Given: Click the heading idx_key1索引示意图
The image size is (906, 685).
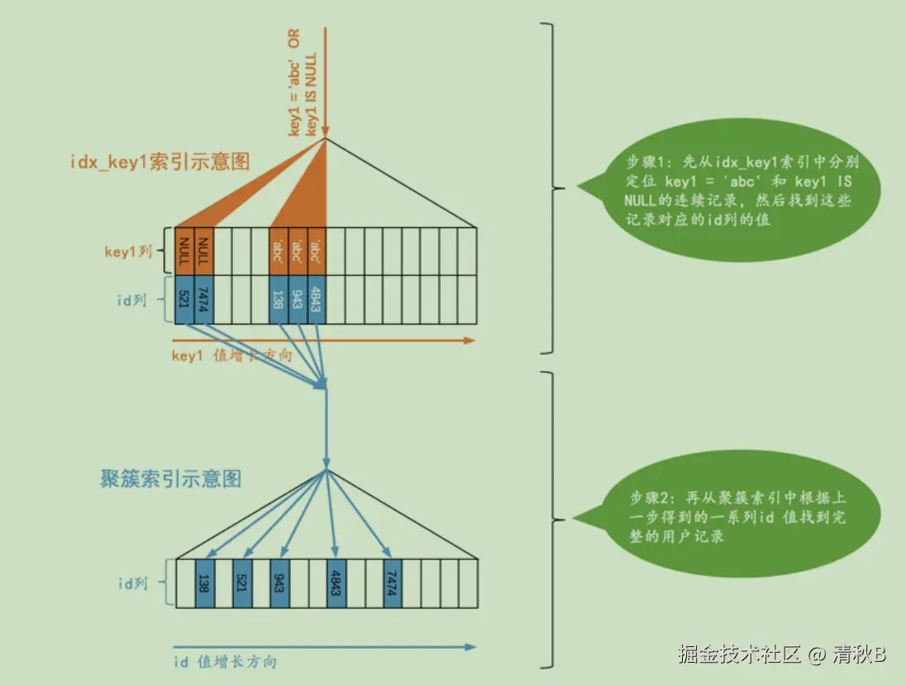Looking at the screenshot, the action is click(x=160, y=160).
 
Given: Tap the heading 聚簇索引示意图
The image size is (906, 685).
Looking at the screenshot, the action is click(x=171, y=478).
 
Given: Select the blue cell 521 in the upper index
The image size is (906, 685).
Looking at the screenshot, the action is click(x=184, y=300).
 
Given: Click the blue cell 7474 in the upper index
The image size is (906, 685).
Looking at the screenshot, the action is click(x=203, y=300).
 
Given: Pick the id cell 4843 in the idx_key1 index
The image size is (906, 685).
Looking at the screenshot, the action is click(x=316, y=300).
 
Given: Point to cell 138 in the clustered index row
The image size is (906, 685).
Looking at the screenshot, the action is click(x=203, y=584).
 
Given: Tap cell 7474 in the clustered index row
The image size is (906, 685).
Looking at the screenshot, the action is click(x=392, y=584).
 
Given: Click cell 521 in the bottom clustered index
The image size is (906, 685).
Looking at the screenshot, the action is click(x=241, y=584).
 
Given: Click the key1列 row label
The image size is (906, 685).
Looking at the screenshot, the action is click(x=128, y=251).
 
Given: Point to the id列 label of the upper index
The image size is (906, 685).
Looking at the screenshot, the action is click(x=131, y=300).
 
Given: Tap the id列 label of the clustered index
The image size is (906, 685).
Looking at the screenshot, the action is click(x=132, y=583).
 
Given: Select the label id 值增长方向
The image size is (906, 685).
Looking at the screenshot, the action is click(x=225, y=662).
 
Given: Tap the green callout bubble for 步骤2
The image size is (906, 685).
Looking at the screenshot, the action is click(x=736, y=516).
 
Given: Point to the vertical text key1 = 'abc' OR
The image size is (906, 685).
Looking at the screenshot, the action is click(x=295, y=83).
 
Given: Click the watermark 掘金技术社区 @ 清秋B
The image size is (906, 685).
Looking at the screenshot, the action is click(x=782, y=654).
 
